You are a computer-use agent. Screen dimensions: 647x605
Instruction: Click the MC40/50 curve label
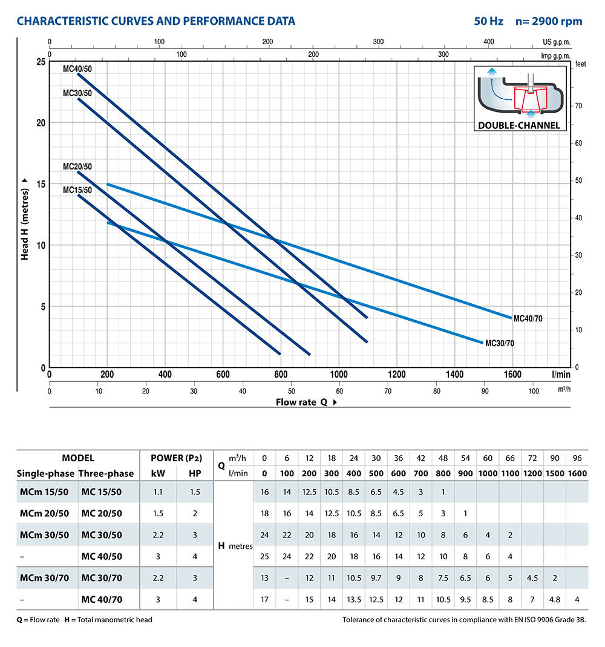(77, 68)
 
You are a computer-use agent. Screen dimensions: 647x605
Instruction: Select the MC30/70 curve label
(500, 343)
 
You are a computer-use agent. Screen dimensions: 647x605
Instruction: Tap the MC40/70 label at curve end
(529, 318)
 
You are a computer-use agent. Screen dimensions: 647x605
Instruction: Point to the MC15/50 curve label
(77, 190)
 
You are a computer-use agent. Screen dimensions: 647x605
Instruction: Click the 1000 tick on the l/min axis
(339, 375)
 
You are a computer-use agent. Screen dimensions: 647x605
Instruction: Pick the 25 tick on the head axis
(40, 62)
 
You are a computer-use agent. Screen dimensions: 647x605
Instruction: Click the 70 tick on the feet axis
(578, 106)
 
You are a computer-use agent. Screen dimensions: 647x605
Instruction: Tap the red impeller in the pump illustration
(531, 98)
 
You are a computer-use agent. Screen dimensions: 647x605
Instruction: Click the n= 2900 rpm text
(548, 21)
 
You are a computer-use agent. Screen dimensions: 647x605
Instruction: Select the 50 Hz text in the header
(489, 21)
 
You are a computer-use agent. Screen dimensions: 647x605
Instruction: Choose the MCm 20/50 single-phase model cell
(43, 513)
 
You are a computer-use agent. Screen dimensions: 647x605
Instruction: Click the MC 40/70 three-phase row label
(102, 599)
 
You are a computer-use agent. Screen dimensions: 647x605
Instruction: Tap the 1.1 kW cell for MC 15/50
(158, 492)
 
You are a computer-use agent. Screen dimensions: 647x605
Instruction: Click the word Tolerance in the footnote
(360, 619)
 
